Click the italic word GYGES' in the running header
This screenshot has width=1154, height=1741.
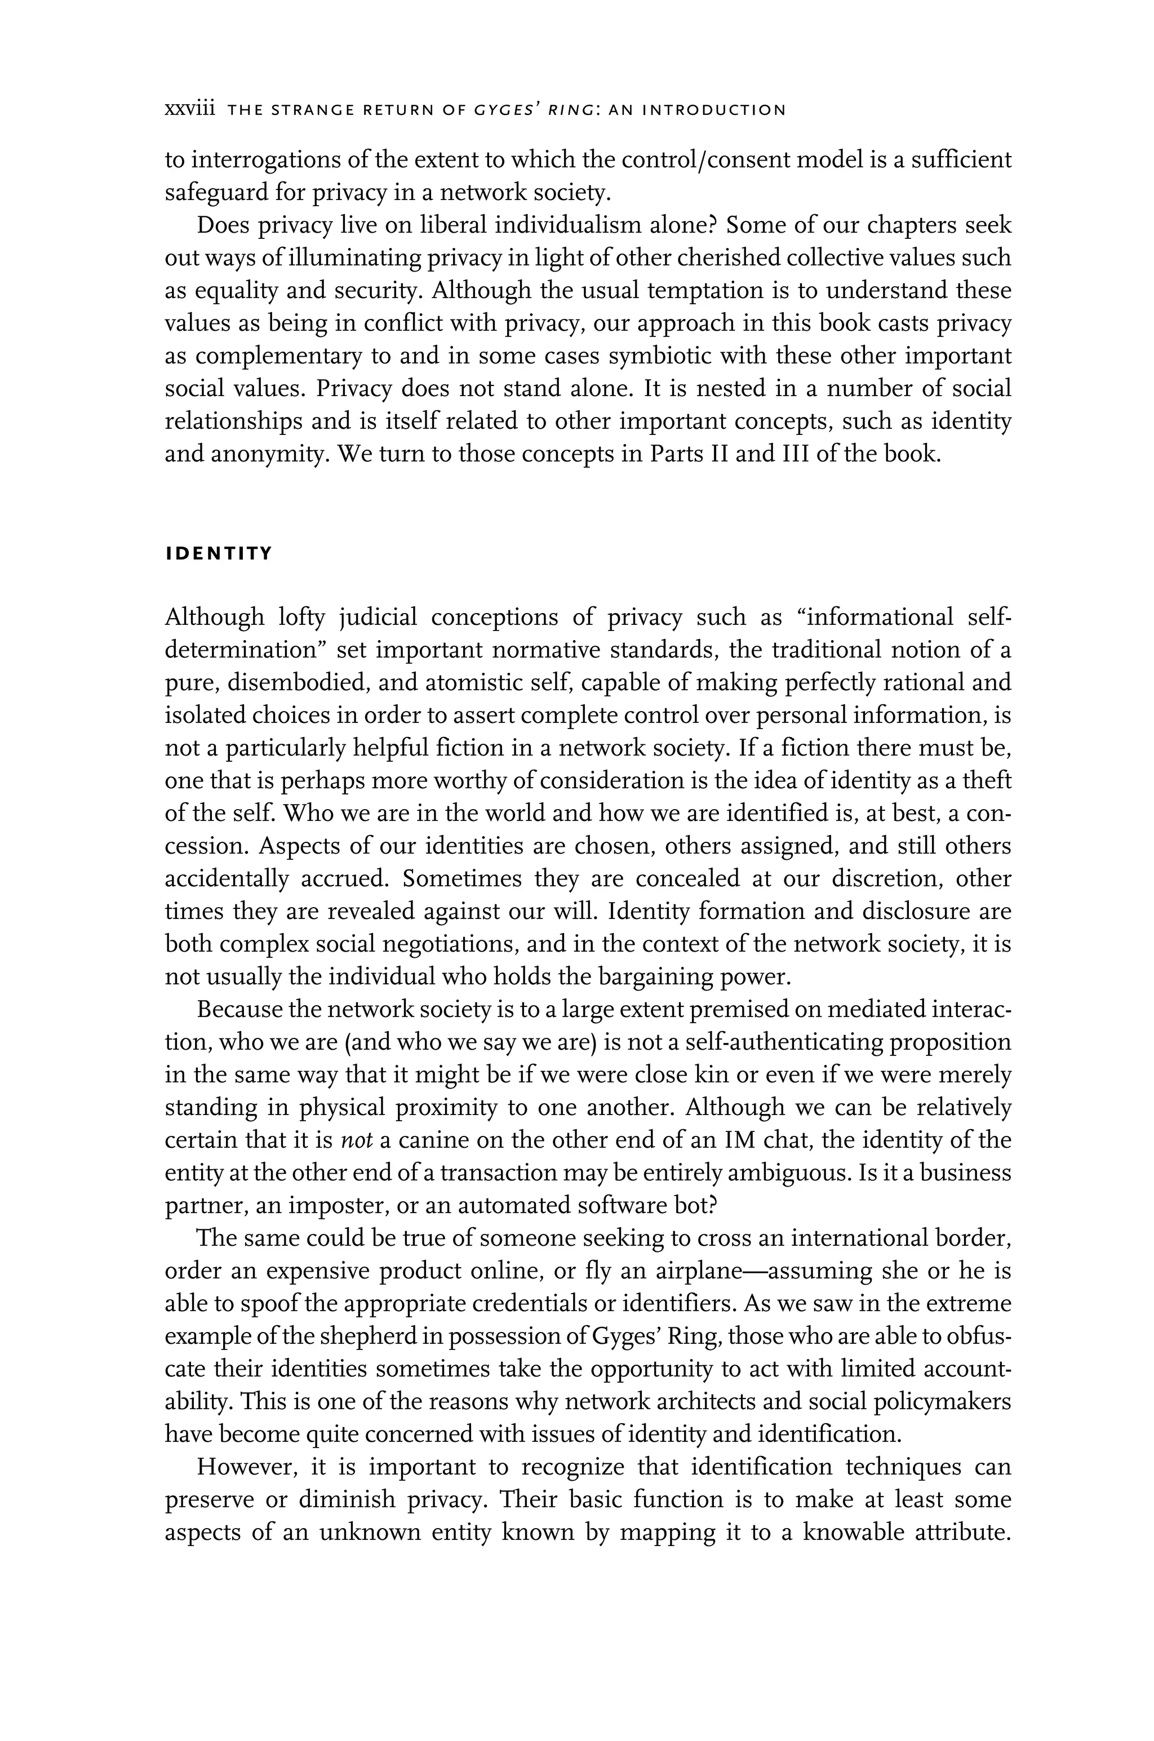tap(505, 110)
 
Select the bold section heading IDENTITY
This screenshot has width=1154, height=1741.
tap(219, 553)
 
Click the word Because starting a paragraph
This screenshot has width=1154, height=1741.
tap(239, 1010)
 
